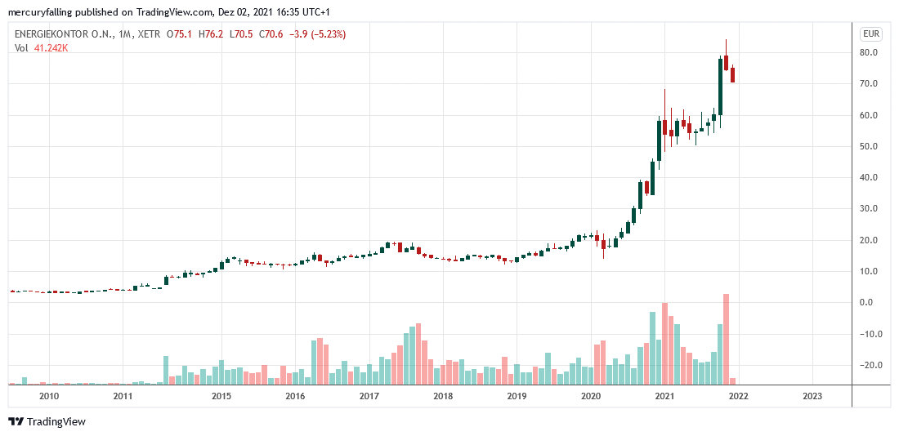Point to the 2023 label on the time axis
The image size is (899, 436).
[x=812, y=396]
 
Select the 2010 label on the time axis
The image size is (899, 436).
[x=49, y=396]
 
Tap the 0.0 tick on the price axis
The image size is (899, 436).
[x=870, y=302]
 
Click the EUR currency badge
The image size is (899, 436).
[x=870, y=34]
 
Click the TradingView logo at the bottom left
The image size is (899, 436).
[x=47, y=421]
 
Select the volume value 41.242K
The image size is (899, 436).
[x=51, y=48]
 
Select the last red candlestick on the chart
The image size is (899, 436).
[x=733, y=75]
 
